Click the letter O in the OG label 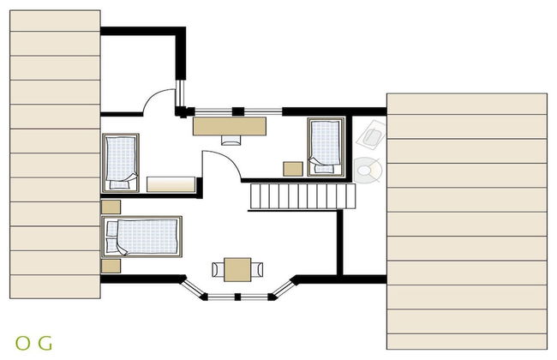(x=23, y=343)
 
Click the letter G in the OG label (x=45, y=343)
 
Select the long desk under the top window (x=230, y=126)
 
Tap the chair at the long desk (x=231, y=141)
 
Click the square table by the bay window (x=237, y=270)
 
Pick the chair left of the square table (x=219, y=269)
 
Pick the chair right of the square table (x=257, y=269)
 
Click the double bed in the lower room (x=141, y=237)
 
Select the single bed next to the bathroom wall (x=326, y=147)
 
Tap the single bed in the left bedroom (x=121, y=163)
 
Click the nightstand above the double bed (x=111, y=207)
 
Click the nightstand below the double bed (x=111, y=267)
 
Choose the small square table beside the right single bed (x=293, y=169)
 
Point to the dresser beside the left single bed (x=171, y=184)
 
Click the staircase (x=302, y=196)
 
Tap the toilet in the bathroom (x=368, y=171)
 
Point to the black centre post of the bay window (x=237, y=297)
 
